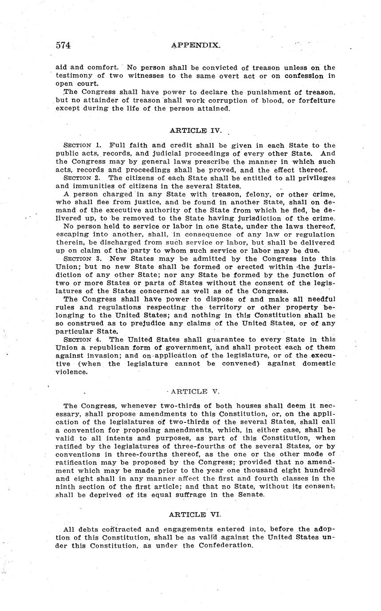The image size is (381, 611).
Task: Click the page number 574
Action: point(63,45)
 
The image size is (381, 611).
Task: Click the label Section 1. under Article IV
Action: point(84,146)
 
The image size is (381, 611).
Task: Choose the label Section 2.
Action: point(84,178)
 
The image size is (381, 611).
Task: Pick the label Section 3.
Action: point(84,259)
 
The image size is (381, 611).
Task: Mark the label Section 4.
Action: point(84,340)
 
